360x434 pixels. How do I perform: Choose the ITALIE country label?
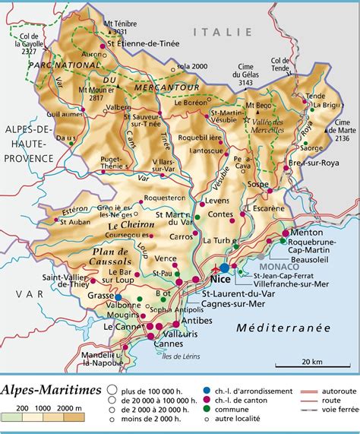222,32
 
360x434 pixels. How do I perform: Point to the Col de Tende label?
281,63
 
